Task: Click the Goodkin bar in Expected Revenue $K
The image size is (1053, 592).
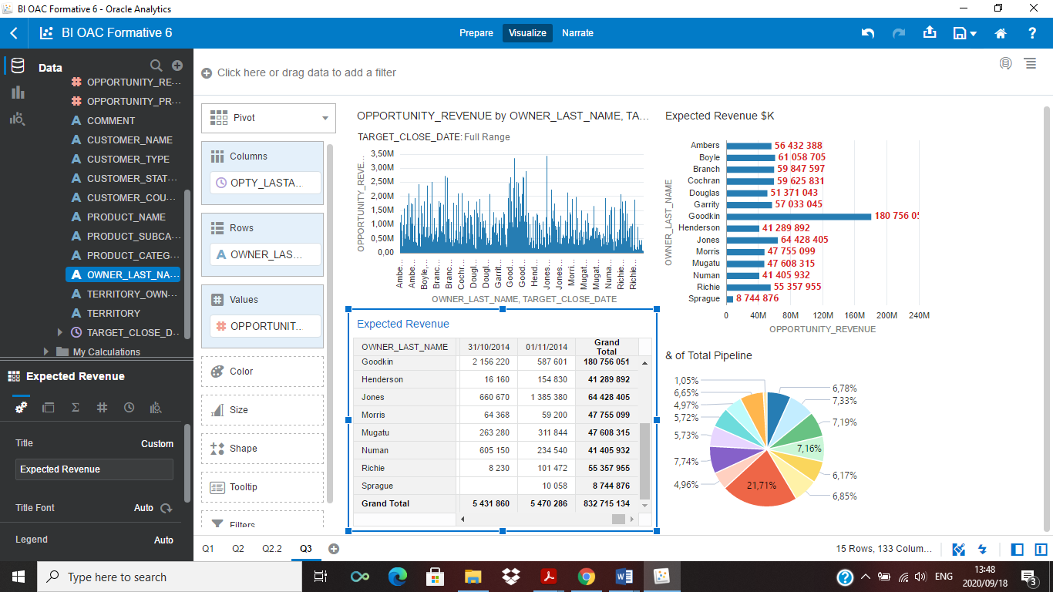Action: (x=798, y=217)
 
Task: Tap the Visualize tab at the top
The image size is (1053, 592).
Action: (x=527, y=33)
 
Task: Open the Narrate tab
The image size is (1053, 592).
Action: (x=577, y=33)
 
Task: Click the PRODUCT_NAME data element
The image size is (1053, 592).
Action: (x=126, y=217)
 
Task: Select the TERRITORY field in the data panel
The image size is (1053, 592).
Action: (x=113, y=313)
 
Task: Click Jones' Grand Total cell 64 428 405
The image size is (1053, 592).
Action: (x=607, y=397)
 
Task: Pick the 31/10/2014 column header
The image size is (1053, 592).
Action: (x=488, y=347)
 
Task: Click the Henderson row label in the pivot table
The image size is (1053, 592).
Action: (x=382, y=379)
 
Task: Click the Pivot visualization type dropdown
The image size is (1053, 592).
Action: (x=268, y=118)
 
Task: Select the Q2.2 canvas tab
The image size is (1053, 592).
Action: (x=272, y=549)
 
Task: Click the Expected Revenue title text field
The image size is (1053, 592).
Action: (x=94, y=469)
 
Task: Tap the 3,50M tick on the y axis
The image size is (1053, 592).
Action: (x=382, y=154)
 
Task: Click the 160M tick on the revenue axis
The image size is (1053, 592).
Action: (x=854, y=315)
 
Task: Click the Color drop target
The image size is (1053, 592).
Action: (x=262, y=372)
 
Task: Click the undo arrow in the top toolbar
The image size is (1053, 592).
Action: (x=868, y=33)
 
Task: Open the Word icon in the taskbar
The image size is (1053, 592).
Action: (x=624, y=577)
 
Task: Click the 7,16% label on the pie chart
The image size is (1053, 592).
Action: (x=809, y=449)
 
